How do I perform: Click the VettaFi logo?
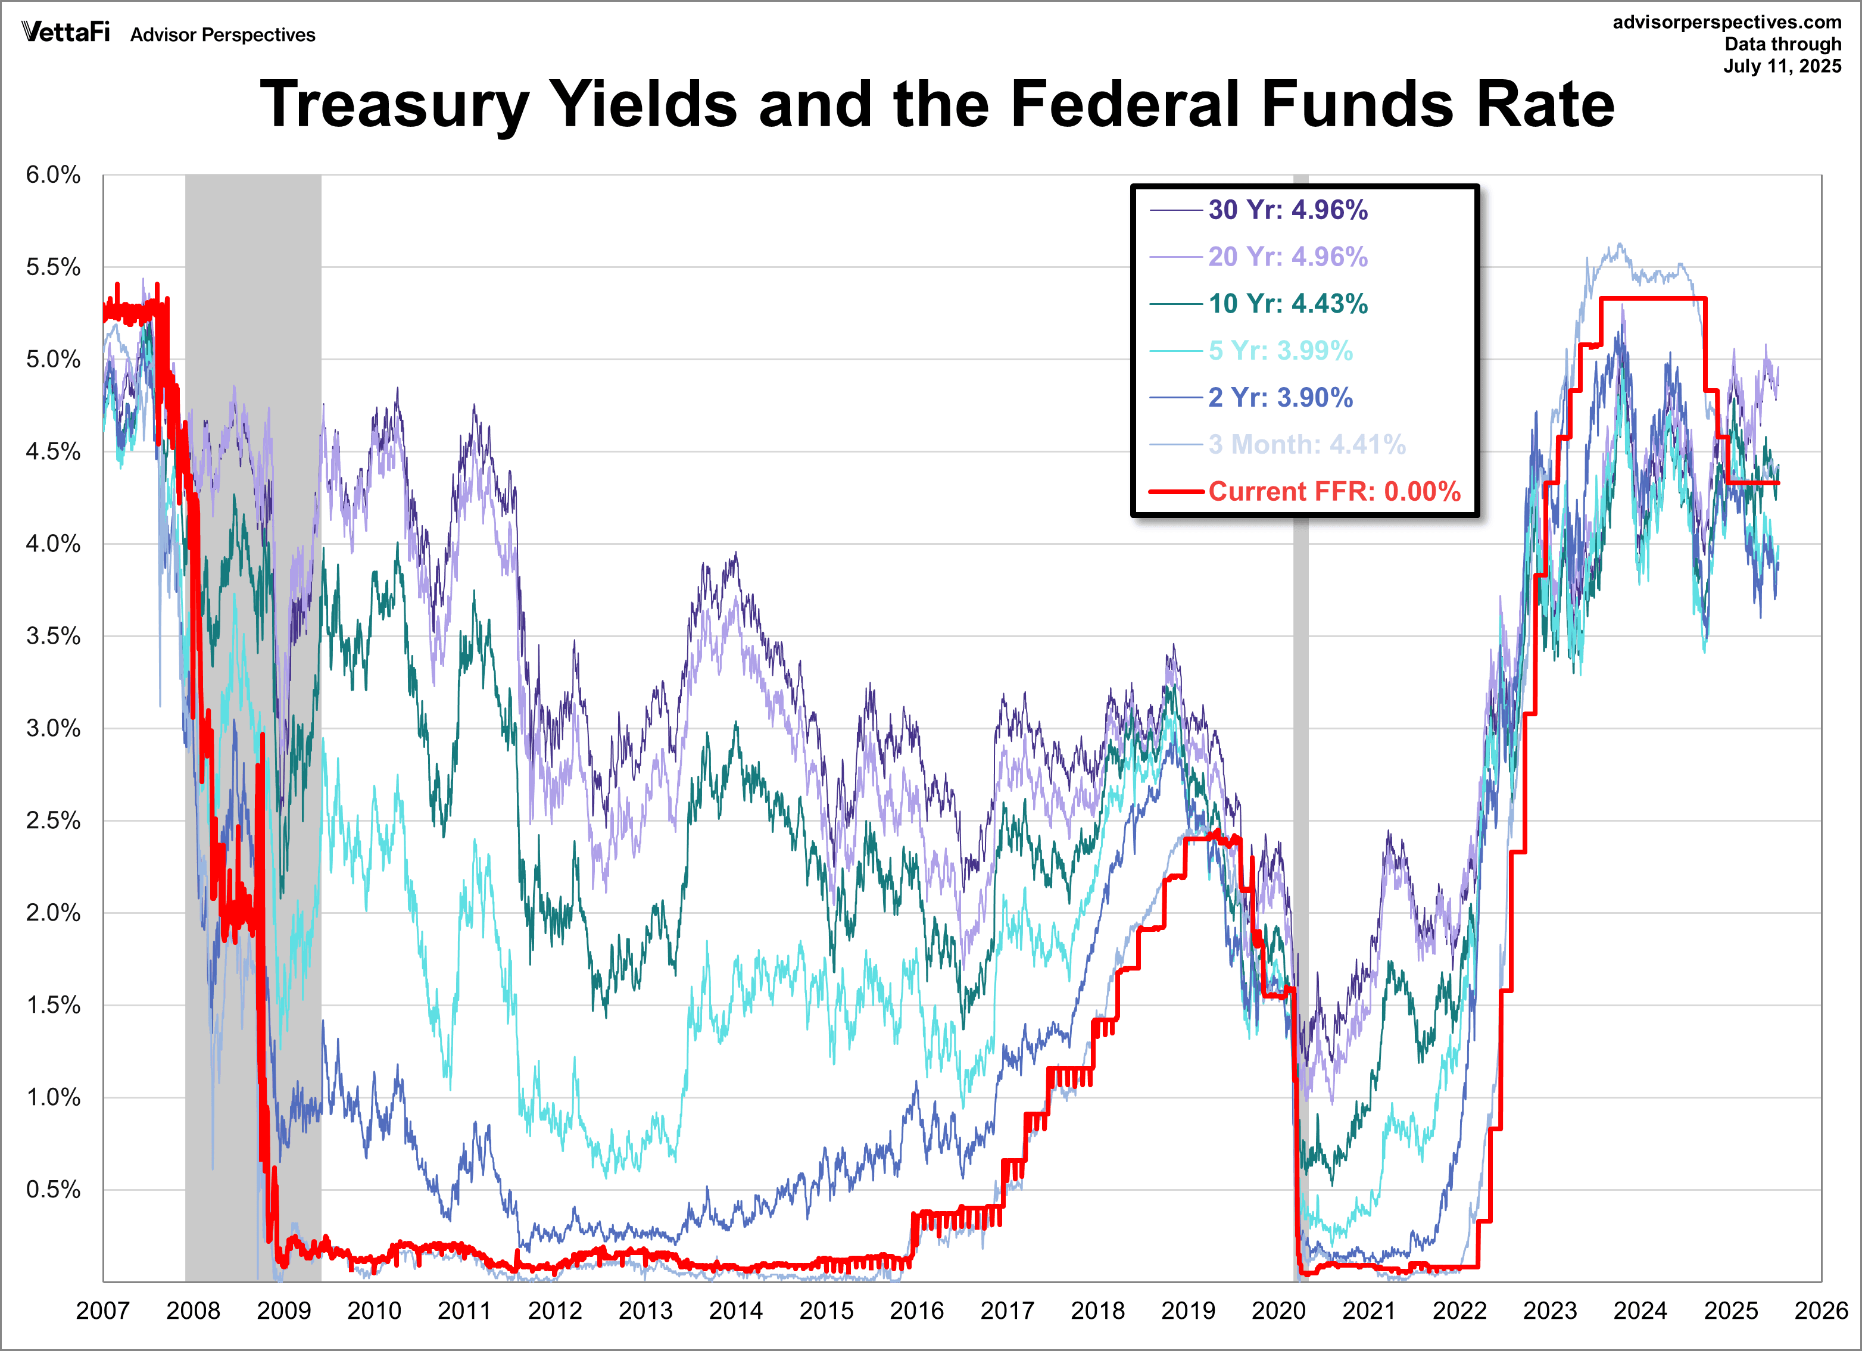66,32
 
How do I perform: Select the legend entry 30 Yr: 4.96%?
1287,210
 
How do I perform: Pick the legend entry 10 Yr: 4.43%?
1287,304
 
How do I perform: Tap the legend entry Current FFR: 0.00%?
1333,492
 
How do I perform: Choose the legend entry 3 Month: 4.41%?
1306,445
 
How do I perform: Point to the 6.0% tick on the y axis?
54,175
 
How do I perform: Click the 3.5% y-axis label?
54,636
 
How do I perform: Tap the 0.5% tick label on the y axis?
54,1190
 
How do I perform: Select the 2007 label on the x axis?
102,1311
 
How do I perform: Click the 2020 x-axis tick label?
1278,1311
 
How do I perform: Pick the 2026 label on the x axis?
1820,1311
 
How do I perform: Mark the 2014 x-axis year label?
735,1311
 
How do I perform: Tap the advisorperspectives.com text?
1727,22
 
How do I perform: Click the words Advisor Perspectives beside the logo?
223,35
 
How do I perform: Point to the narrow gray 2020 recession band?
1301,739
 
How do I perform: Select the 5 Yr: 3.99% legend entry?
1280,351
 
